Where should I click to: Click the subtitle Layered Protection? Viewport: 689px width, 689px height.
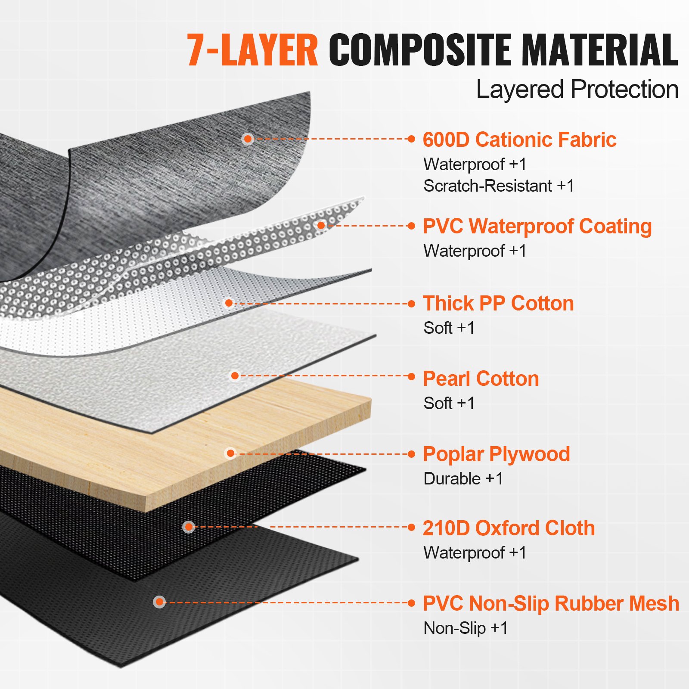[x=577, y=90]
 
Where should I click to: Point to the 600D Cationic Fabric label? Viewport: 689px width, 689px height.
[x=519, y=140]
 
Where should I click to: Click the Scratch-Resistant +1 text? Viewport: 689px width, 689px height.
[x=499, y=186]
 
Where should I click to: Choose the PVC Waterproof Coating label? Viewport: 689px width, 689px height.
[x=537, y=227]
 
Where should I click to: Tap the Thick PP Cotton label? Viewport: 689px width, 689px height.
[x=498, y=304]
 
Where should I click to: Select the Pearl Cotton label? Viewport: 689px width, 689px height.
[x=481, y=379]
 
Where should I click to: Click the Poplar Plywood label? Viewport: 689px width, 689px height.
[x=496, y=455]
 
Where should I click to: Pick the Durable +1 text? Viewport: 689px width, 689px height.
[x=463, y=479]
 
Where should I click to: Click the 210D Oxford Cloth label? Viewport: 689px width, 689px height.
[x=509, y=528]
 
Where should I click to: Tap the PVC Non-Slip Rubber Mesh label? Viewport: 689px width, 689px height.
[x=551, y=604]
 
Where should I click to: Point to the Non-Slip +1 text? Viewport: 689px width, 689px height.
[x=466, y=628]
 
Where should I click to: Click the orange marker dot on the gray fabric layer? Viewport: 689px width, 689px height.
[x=247, y=139]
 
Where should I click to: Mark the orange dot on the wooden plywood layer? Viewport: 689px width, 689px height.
[x=230, y=453]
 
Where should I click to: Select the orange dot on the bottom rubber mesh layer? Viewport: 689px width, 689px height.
[x=159, y=602]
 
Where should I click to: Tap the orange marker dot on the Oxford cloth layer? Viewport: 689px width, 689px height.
[x=189, y=527]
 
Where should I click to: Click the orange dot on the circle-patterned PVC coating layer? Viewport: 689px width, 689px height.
[x=321, y=225]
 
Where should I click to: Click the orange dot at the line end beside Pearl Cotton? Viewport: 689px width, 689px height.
[x=412, y=376]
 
